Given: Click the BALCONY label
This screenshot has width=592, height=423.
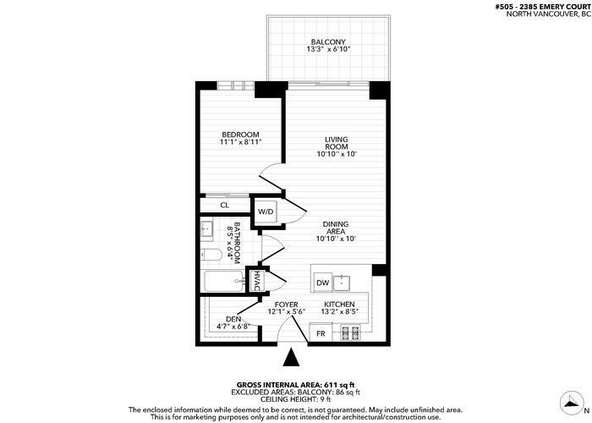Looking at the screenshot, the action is tap(328, 42).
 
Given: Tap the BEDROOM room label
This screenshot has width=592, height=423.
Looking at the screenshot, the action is tap(240, 135).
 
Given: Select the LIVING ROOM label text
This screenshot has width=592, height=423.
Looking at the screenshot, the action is tap(337, 143).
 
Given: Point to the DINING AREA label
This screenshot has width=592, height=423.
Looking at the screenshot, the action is tap(336, 228).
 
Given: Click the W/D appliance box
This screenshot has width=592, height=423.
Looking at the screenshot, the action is tap(266, 211).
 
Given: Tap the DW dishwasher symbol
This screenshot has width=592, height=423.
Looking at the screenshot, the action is tap(323, 283).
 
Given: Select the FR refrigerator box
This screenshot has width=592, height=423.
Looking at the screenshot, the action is tap(321, 332).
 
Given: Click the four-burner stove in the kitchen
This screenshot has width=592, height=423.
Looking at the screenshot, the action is tap(350, 332).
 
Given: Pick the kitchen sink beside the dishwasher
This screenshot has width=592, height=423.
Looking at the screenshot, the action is tap(342, 283).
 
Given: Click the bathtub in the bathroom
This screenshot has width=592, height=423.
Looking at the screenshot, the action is tap(224, 282).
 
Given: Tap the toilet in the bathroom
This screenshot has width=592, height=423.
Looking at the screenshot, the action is tap(211, 255).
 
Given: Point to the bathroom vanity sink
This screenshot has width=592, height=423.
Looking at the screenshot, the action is tap(206, 229).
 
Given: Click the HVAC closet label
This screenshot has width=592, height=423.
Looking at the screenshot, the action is tap(256, 281).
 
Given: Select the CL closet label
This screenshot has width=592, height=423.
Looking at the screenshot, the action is tap(225, 205).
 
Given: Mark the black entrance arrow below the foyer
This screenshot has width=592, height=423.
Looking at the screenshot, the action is tap(291, 357).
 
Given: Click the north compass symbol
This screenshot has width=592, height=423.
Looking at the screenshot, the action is tap(573, 403).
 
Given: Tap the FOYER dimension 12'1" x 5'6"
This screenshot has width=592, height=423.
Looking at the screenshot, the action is tap(286, 311).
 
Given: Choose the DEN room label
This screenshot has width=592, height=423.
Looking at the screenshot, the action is tap(233, 319).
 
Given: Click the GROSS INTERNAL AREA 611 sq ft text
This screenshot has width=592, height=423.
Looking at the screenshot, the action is tap(296, 385).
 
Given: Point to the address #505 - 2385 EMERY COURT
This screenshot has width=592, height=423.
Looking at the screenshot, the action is tap(543, 7).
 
